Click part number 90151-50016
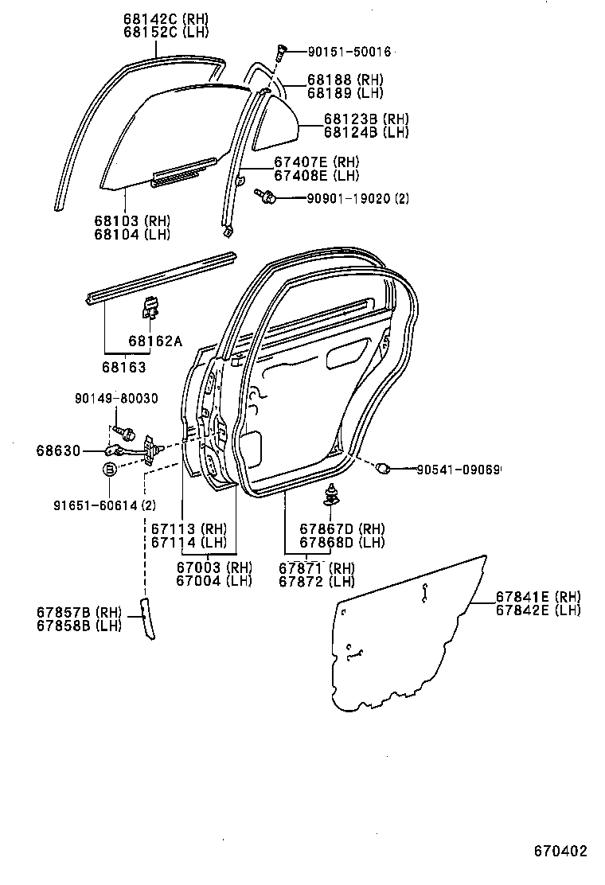pos(349,52)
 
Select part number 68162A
pos(154,341)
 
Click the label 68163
pos(123,367)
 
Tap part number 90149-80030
pos(117,400)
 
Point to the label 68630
pos(58,450)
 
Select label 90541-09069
pos(458,470)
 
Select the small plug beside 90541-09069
pos(383,468)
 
